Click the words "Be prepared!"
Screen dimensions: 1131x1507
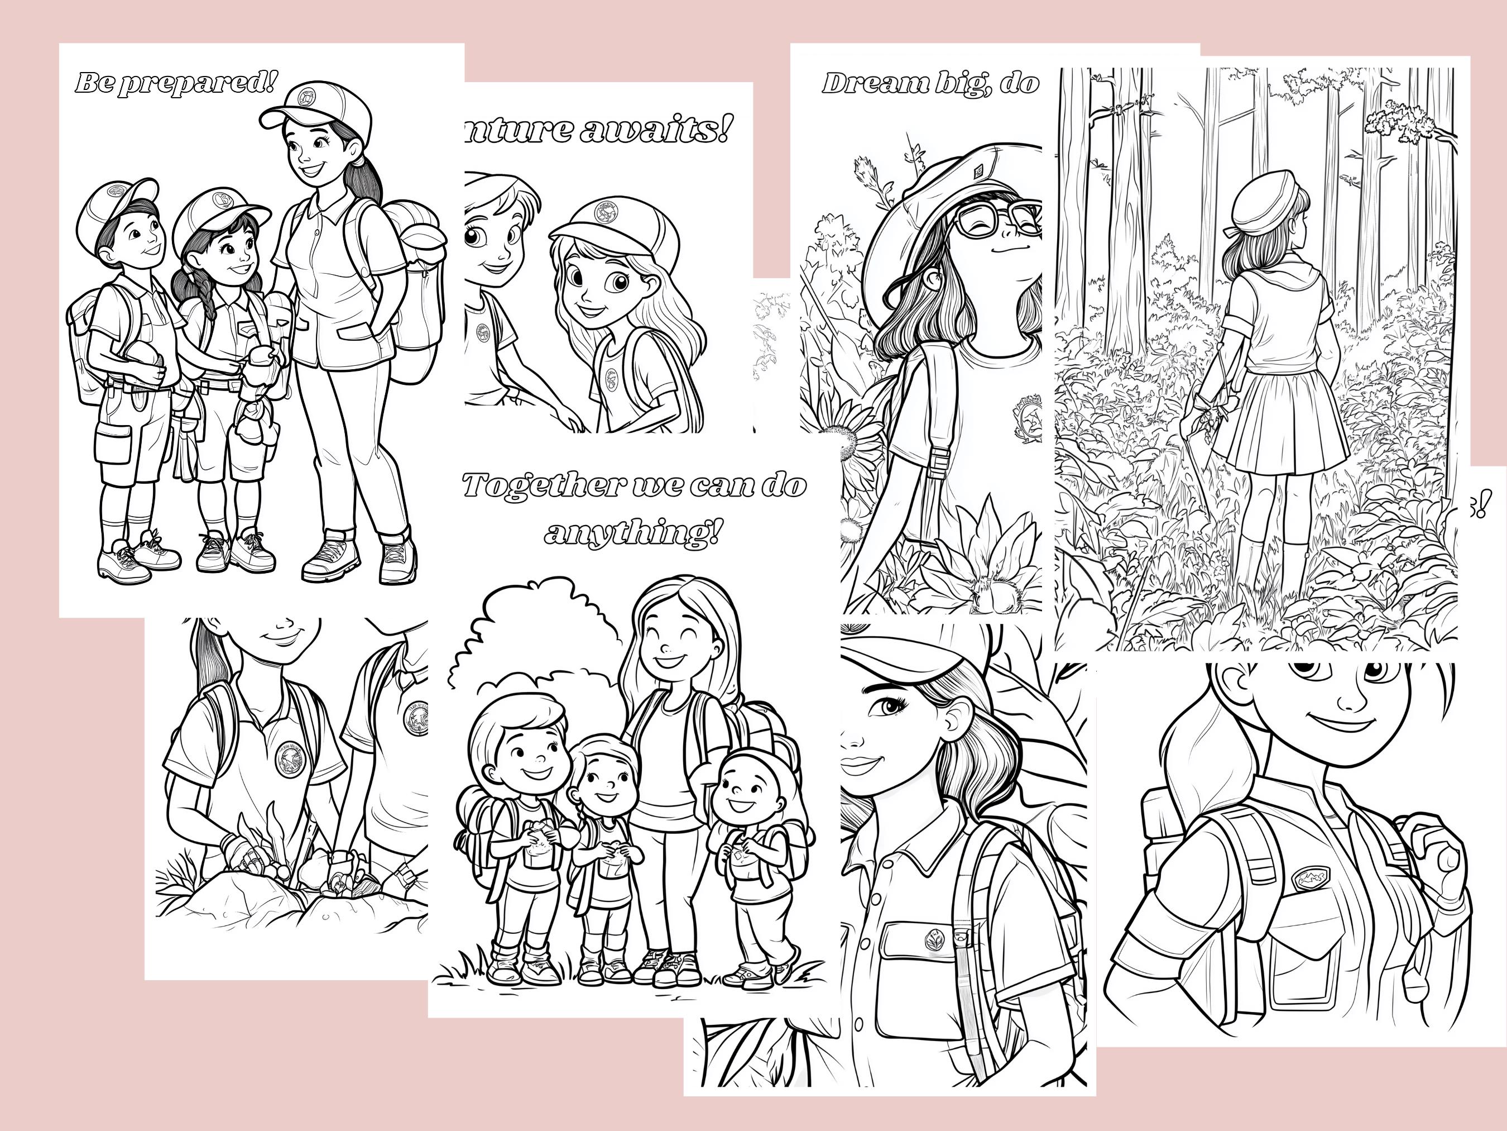[x=176, y=83]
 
